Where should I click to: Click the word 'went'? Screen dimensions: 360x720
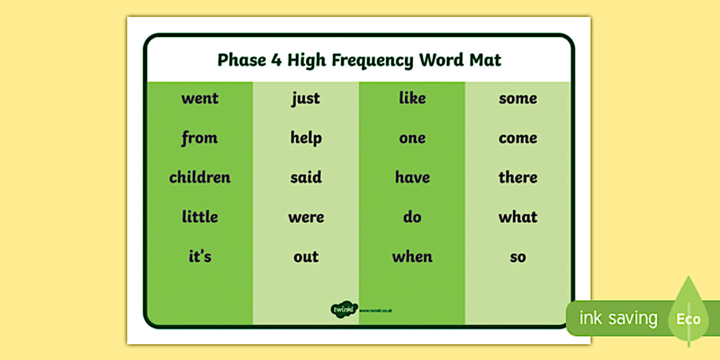[199, 98]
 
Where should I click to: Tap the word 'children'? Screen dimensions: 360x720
[199, 177]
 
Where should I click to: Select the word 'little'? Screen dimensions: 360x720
[199, 217]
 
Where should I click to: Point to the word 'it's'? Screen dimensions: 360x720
[199, 257]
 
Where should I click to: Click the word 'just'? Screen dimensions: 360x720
[306, 99]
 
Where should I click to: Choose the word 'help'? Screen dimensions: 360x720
[306, 138]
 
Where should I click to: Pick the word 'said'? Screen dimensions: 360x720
[306, 177]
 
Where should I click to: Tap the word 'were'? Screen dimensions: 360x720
[306, 217]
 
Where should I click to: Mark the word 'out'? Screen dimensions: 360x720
[306, 257]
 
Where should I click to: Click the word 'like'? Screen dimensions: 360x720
[412, 98]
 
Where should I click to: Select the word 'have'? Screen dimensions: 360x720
[412, 177]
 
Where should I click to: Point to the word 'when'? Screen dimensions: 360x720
[412, 257]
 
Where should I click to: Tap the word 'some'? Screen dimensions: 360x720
[518, 98]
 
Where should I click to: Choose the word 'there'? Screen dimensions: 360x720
[518, 177]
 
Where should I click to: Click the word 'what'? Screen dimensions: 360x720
[518, 217]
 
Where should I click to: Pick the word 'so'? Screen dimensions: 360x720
[518, 257]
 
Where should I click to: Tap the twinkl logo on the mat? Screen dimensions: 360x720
[343, 310]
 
